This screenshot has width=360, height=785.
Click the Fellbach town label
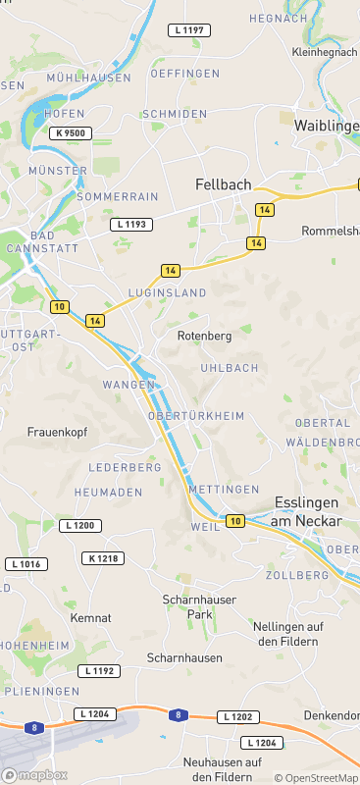click(x=223, y=184)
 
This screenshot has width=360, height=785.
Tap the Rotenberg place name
click(x=204, y=336)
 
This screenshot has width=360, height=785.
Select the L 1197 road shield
click(x=188, y=30)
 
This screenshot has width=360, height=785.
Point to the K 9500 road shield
click(x=72, y=132)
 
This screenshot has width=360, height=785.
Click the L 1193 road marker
click(x=130, y=225)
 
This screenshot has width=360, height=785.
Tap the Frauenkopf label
click(x=58, y=432)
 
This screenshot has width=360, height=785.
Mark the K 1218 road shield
click(x=102, y=558)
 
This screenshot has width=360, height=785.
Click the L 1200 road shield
click(x=80, y=526)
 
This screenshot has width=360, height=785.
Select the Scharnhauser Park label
click(x=186, y=606)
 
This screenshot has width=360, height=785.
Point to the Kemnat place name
click(x=90, y=618)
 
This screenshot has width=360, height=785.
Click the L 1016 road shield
click(x=26, y=564)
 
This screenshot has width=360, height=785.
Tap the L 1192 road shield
click(x=100, y=671)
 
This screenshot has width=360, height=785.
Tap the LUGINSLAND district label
click(x=168, y=293)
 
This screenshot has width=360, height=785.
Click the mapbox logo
click(x=34, y=775)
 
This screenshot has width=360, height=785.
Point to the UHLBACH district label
click(x=229, y=368)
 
